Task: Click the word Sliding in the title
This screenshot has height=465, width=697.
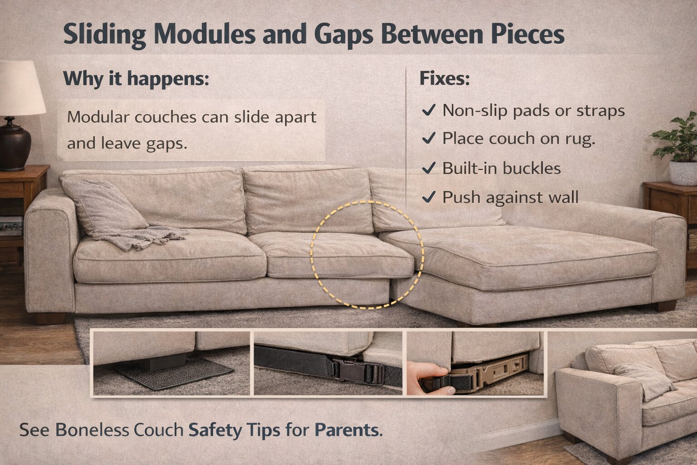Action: (x=105, y=35)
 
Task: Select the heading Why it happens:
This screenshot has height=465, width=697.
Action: (x=136, y=79)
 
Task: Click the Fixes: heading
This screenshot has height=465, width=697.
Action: (x=444, y=79)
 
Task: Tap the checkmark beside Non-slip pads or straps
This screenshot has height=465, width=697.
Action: (x=428, y=110)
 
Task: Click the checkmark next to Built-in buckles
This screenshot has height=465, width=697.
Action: (x=428, y=168)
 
